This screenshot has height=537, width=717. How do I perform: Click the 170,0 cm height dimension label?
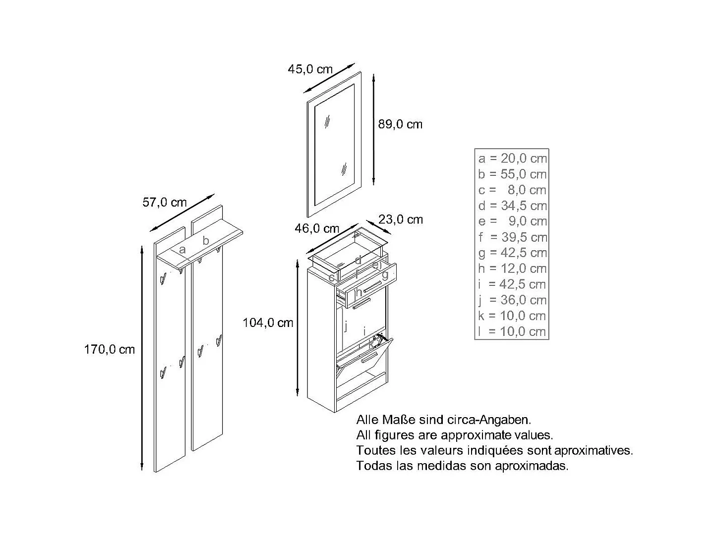click(110, 350)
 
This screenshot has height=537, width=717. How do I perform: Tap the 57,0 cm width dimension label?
click(165, 203)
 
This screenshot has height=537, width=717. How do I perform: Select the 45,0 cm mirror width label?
click(310, 69)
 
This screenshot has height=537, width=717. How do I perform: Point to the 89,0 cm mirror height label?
click(400, 124)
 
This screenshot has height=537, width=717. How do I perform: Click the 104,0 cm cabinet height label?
click(268, 323)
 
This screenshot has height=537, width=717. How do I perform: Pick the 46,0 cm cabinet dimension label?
click(317, 228)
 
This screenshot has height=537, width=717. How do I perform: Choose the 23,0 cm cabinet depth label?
click(401, 219)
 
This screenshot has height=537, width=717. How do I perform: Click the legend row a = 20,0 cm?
click(512, 159)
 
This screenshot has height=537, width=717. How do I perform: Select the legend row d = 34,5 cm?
click(512, 206)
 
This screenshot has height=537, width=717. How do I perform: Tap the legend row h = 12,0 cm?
click(512, 268)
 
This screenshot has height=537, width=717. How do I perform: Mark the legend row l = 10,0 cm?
click(512, 331)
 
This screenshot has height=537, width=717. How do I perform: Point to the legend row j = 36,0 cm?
click(512, 300)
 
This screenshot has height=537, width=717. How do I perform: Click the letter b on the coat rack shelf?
click(206, 241)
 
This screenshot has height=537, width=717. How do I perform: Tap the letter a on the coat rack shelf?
click(182, 250)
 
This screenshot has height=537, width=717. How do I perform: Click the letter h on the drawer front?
click(358, 293)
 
